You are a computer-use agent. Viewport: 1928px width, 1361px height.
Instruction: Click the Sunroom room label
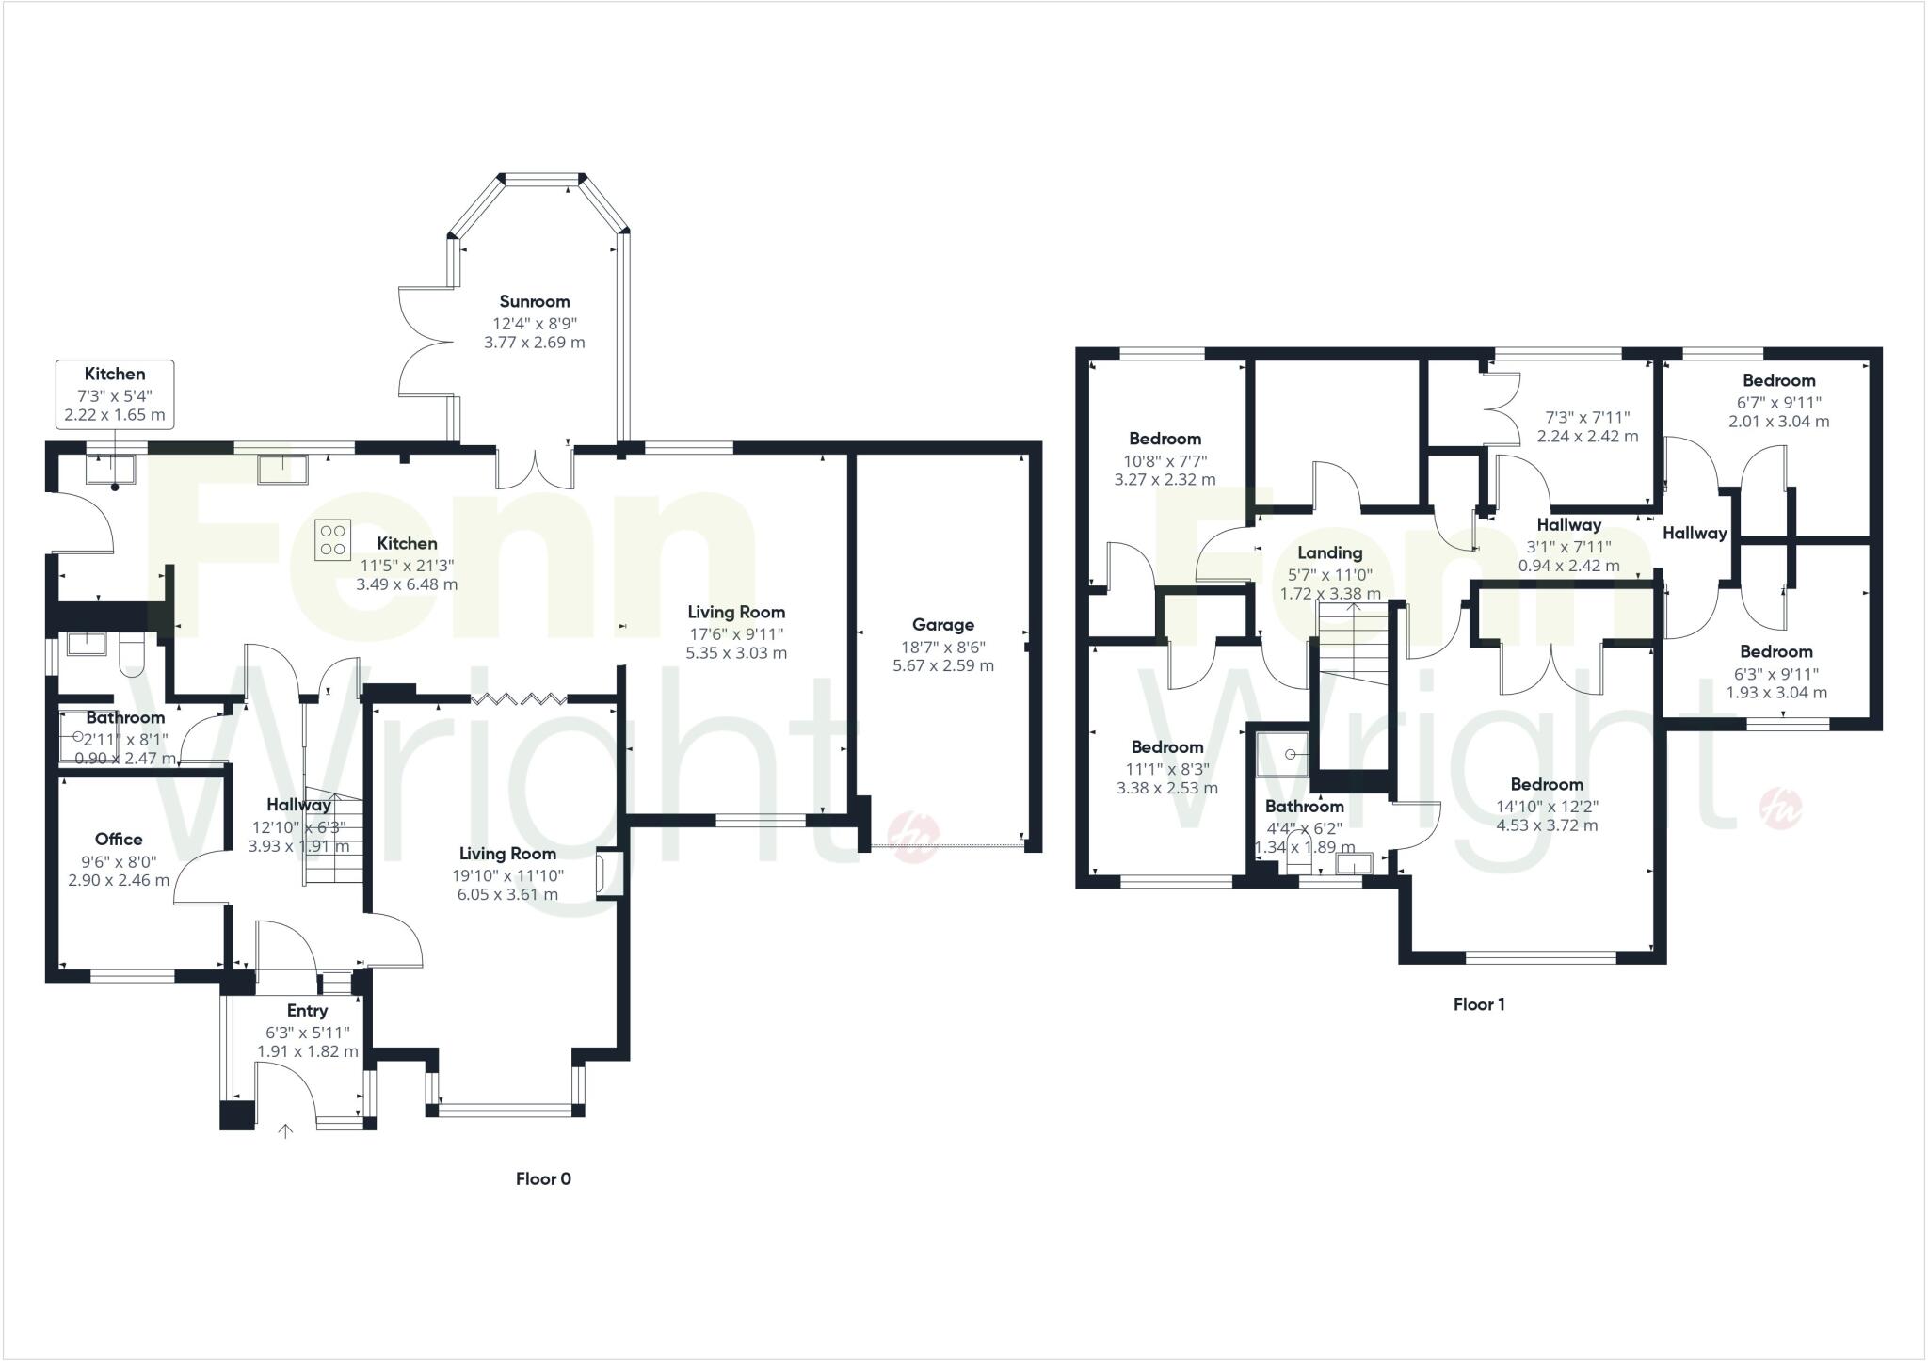534,301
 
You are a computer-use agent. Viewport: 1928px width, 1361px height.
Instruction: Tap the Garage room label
942,625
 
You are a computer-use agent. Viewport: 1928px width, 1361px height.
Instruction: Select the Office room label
119,839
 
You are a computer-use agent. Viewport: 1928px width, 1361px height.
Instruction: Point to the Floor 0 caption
543,1178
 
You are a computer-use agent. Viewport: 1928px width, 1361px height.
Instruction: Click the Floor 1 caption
1478,1004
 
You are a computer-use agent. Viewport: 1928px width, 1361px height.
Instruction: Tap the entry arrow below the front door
285,1130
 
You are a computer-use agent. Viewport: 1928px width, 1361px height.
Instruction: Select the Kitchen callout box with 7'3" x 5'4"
115,393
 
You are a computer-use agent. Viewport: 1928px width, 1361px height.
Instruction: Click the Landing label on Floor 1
1329,552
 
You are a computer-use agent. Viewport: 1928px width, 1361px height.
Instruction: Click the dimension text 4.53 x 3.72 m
1547,825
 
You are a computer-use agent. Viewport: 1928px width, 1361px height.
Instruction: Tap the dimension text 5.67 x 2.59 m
942,665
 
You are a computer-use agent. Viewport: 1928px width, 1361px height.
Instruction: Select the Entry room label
307,1010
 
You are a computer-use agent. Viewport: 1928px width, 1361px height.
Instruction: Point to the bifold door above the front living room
518,698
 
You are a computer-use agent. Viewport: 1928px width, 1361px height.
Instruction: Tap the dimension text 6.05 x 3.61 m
507,894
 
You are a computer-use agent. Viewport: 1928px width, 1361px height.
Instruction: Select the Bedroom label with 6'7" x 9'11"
1778,380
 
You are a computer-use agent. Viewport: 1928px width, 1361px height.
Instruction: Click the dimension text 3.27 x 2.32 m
1165,479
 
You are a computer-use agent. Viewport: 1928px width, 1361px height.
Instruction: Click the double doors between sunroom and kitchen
535,468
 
